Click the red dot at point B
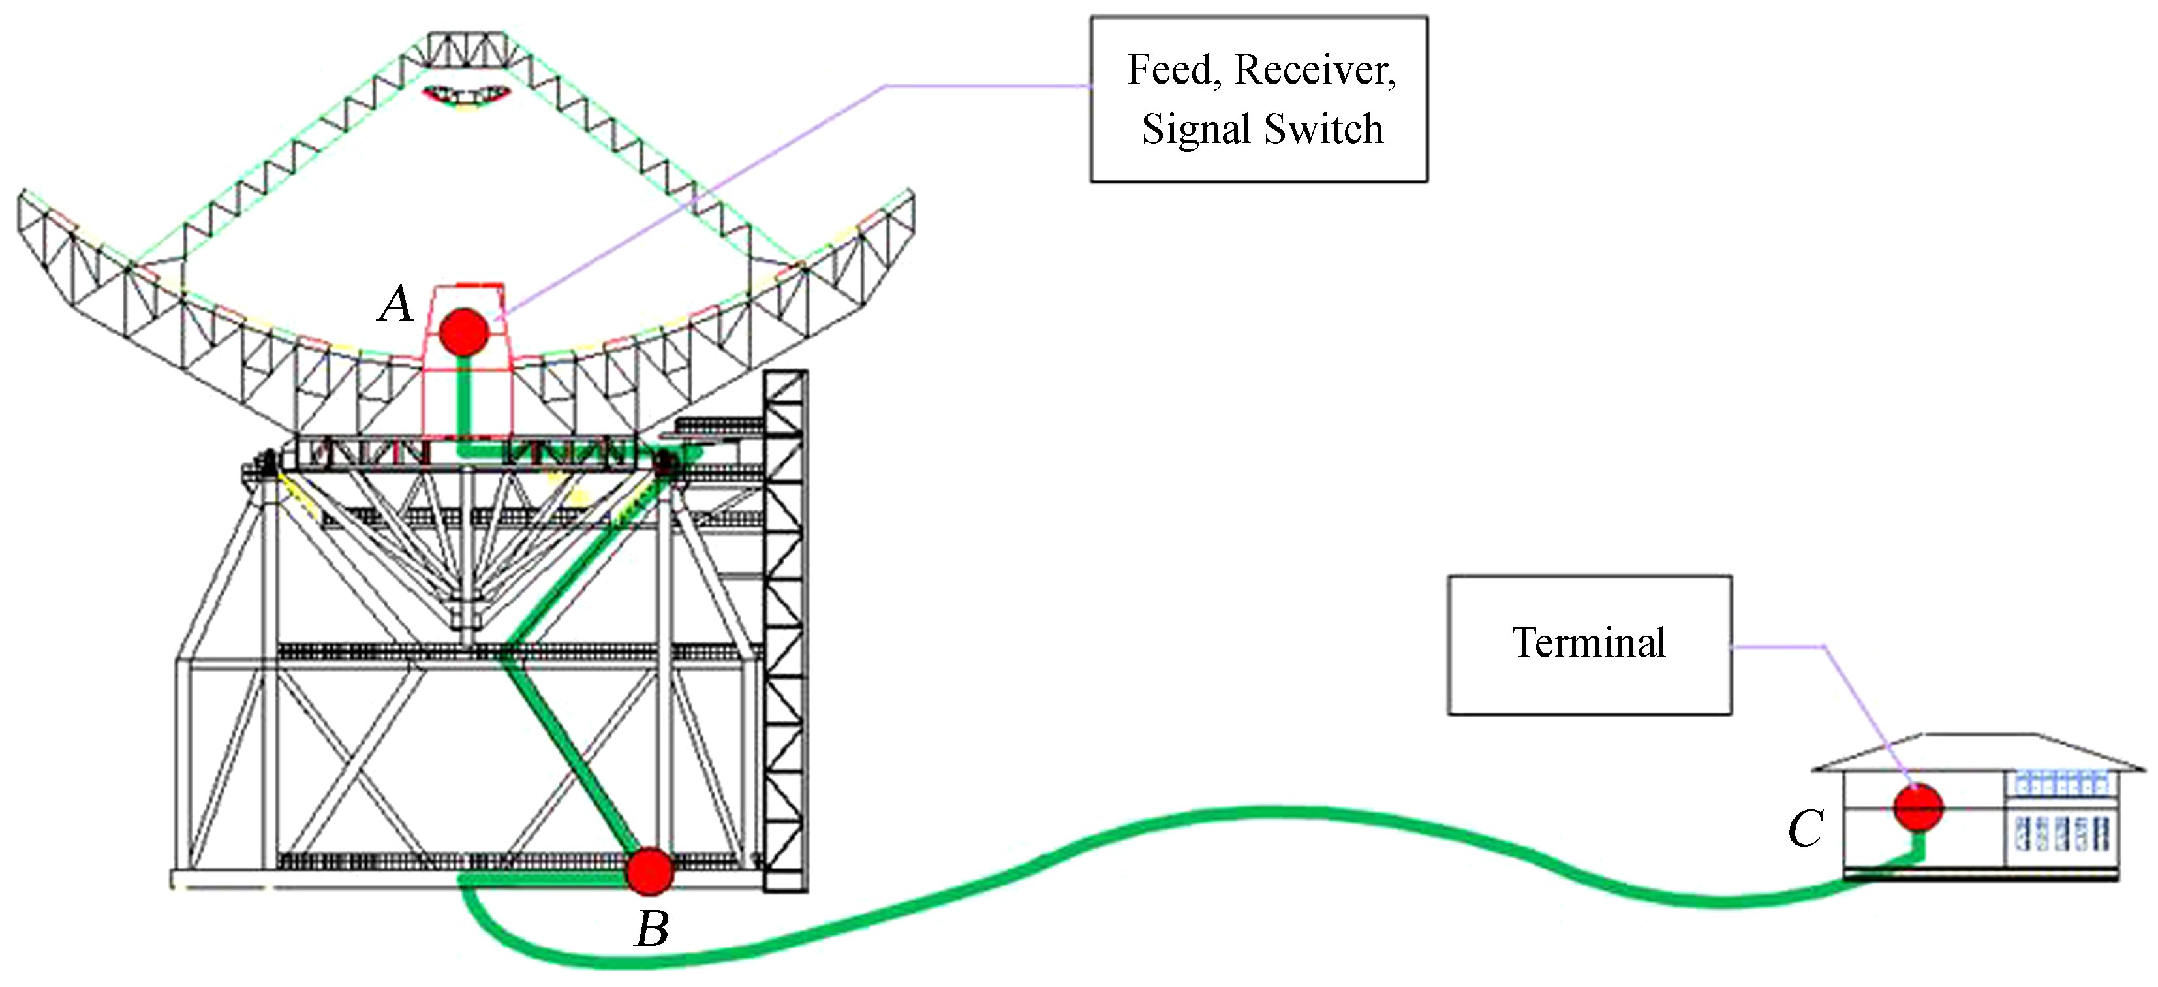650,871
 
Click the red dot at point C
1919,807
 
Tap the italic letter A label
396,304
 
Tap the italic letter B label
652,929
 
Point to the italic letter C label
1806,830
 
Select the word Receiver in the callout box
1316,70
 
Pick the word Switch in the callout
1323,129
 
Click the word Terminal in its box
1588,644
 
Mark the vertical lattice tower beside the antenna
785,629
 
